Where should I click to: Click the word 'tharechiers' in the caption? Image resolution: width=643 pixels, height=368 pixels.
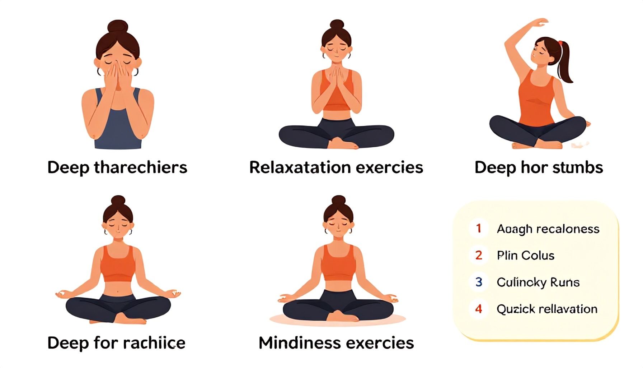click(x=140, y=167)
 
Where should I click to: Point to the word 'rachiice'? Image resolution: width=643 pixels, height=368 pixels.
click(x=154, y=343)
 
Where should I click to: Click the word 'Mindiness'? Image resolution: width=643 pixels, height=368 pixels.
click(x=297, y=343)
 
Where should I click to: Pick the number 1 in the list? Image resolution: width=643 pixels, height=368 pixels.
click(x=478, y=228)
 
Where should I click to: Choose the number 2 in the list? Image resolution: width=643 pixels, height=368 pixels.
click(x=479, y=255)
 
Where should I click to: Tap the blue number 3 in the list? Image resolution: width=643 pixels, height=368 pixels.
click(x=479, y=282)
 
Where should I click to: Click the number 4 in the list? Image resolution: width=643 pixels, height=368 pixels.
click(x=479, y=309)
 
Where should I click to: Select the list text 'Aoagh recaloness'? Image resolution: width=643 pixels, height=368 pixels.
click(x=548, y=229)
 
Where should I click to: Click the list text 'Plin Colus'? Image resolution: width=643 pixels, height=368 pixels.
click(x=525, y=256)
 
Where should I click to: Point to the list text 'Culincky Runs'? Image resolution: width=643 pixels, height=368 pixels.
click(x=538, y=282)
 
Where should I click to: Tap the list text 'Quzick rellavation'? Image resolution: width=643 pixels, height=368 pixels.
click(x=547, y=309)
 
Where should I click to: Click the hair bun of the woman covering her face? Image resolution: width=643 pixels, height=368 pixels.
click(x=118, y=27)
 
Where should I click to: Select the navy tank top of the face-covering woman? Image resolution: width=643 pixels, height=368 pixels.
click(x=118, y=122)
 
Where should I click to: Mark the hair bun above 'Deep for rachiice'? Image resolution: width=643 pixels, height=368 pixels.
click(x=118, y=201)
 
